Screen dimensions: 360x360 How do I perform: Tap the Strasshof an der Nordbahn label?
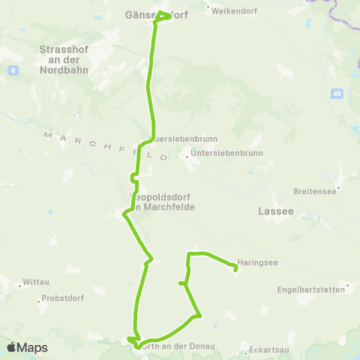pyautogui.click(x=63, y=59)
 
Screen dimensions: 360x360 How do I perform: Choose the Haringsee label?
pyautogui.click(x=259, y=263)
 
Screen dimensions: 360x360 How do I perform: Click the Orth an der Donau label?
pyautogui.click(x=181, y=346)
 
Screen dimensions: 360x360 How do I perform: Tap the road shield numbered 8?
pyautogui.click(x=13, y=70)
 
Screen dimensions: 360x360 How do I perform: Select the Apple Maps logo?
pyautogui.click(x=27, y=347)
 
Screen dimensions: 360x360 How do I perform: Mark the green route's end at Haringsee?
pyautogui.click(x=235, y=265)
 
